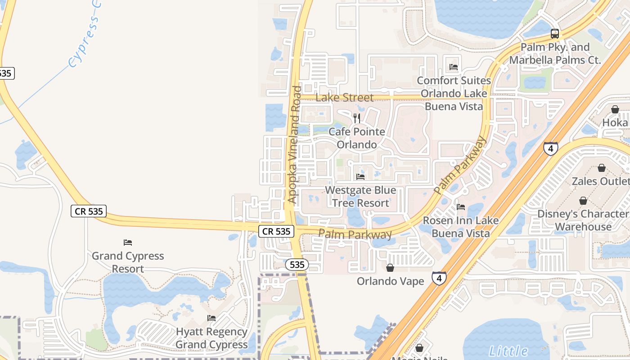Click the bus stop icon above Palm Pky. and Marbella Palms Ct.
coord(555,34)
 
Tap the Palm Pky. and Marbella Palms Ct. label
coord(555,54)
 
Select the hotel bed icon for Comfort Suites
coord(454,67)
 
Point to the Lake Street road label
coord(345,98)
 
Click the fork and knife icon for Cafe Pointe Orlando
coord(357,118)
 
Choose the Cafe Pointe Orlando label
coord(357,138)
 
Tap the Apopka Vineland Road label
coord(294,145)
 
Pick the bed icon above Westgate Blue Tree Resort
coord(360,177)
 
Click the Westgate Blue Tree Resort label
coord(360,197)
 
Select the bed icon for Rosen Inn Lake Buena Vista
coord(461,207)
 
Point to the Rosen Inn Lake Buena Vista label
coord(461,227)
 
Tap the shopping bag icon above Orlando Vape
coord(390,268)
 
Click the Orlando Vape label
coord(390,281)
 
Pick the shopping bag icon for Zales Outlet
coord(601,168)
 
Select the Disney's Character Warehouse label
coord(583,220)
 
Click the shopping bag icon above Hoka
coord(615,109)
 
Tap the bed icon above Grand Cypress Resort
coord(128,243)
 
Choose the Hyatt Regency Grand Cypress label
coord(211,338)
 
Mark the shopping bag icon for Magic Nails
coord(419,348)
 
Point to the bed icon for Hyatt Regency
coord(211,318)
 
